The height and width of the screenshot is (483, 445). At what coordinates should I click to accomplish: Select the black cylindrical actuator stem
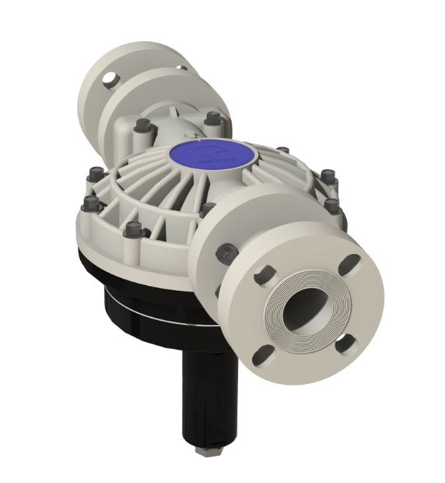click(x=204, y=390)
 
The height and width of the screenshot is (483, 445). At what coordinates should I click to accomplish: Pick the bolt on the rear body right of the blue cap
click(x=211, y=118)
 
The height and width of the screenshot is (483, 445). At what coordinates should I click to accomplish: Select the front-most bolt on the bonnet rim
click(x=134, y=231)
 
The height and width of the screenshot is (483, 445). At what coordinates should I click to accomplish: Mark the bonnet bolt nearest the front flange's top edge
click(x=206, y=209)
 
